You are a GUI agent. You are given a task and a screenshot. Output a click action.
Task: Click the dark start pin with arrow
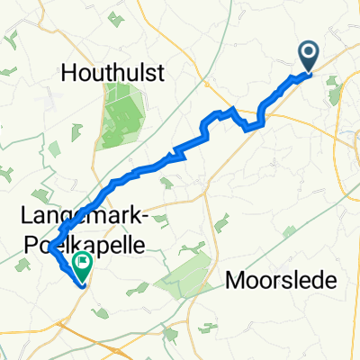308,56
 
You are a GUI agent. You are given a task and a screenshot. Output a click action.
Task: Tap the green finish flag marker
83,265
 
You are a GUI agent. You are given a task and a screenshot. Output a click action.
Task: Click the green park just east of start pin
334,85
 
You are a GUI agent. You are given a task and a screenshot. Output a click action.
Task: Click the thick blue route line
144,168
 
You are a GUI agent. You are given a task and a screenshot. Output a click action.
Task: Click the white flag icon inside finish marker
84,263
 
